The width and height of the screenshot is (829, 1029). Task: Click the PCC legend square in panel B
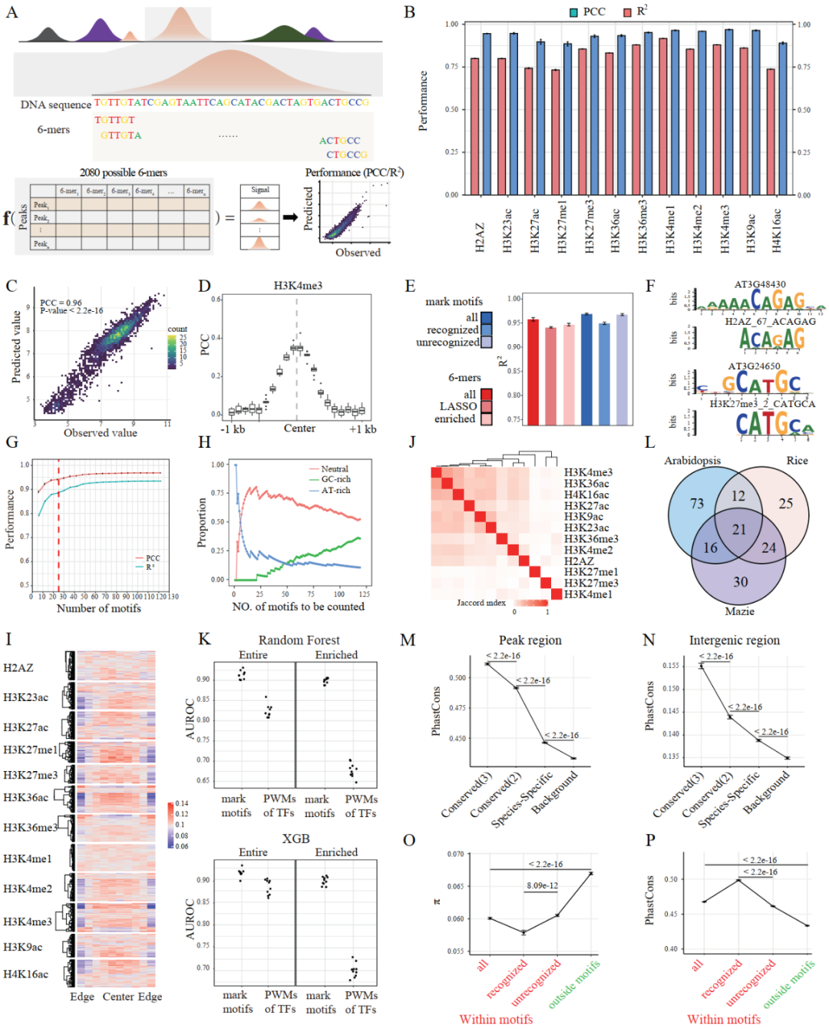(x=573, y=12)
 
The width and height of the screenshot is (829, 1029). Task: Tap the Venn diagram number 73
(x=697, y=504)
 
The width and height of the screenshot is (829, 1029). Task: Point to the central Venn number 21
(x=739, y=530)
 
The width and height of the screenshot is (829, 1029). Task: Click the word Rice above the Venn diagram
(x=797, y=461)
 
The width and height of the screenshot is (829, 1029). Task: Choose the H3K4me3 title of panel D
(x=298, y=286)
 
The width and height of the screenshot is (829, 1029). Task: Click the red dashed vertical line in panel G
(x=58, y=522)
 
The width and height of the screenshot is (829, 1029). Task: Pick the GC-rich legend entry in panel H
(x=335, y=479)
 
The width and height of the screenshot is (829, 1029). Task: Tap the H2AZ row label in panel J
(x=579, y=561)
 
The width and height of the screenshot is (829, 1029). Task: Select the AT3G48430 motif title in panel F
(x=759, y=285)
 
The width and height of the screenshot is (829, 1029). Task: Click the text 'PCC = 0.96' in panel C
(x=61, y=303)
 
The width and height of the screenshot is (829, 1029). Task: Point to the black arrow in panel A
(x=290, y=217)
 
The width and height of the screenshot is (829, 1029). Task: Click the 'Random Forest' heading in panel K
(x=299, y=640)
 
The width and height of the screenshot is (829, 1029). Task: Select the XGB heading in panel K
(x=296, y=839)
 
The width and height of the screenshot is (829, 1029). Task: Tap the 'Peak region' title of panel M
(x=530, y=640)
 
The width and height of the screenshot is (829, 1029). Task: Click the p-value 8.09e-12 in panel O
(x=542, y=885)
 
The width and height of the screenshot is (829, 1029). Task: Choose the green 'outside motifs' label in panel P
(x=788, y=984)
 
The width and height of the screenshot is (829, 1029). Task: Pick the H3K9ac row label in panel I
(x=22, y=947)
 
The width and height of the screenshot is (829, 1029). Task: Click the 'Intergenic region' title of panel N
(x=734, y=640)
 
